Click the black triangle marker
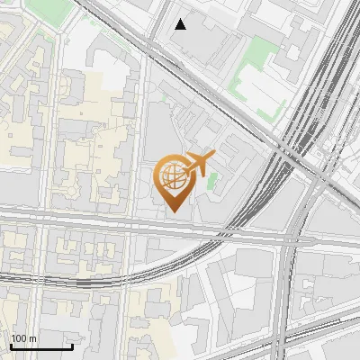(x=181, y=23)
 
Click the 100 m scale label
(x=24, y=338)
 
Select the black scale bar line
(x=41, y=346)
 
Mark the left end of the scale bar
(x=11, y=346)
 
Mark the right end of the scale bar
(x=72, y=346)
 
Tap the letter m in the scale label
(x=33, y=338)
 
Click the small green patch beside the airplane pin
(x=212, y=180)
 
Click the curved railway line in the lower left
(x=99, y=282)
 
